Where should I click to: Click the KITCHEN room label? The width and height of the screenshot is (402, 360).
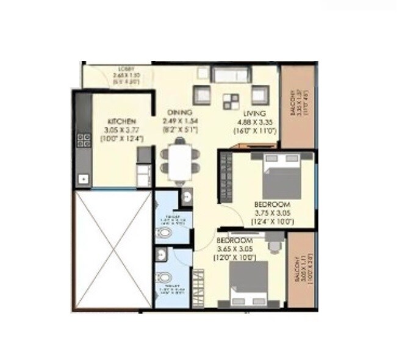point(121,121)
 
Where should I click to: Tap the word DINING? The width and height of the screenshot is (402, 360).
point(181,113)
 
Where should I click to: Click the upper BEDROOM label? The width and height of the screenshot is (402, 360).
point(273,204)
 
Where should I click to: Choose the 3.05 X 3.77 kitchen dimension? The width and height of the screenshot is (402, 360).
point(121,129)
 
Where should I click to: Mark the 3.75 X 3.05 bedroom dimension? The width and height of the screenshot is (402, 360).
point(273,212)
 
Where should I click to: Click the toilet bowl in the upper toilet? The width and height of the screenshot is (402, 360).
point(164,233)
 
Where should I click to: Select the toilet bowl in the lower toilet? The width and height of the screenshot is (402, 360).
point(163,279)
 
